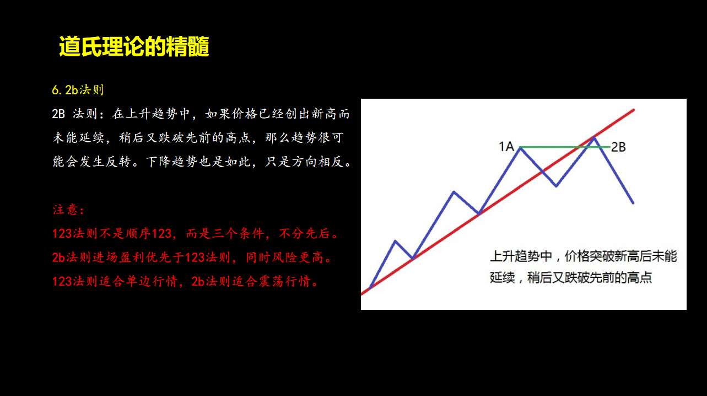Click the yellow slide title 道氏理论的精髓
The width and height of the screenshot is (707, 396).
pyautogui.click(x=134, y=46)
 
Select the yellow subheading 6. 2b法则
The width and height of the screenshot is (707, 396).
pyautogui.click(x=78, y=90)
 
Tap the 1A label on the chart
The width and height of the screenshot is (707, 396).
pyautogui.click(x=506, y=147)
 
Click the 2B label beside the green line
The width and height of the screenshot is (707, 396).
pyautogui.click(x=618, y=147)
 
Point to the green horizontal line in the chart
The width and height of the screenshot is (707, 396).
pyautogui.click(x=565, y=147)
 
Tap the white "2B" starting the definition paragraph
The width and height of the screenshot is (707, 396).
pyautogui.click(x=58, y=114)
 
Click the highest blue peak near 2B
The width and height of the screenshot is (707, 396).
pyautogui.click(x=595, y=138)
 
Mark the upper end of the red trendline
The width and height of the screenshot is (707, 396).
pyautogui.click(x=634, y=110)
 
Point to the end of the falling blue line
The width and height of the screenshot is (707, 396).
pyautogui.click(x=633, y=203)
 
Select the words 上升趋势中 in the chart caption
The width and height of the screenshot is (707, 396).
pyautogui.click(x=521, y=256)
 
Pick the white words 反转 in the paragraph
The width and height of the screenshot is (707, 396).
pyautogui.click(x=118, y=162)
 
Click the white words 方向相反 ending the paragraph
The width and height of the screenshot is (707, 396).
pyautogui.click(x=317, y=162)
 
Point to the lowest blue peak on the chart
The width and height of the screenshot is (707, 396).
pyautogui.click(x=395, y=242)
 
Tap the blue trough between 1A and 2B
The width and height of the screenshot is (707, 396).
pyautogui.click(x=556, y=186)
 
